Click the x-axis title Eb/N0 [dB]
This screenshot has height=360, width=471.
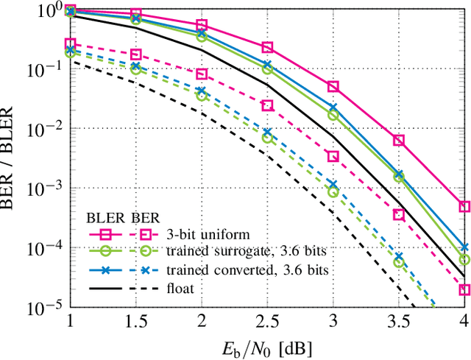[x=266, y=346]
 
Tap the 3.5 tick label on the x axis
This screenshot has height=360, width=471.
[x=398, y=321]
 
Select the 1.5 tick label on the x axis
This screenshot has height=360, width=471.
[x=135, y=321]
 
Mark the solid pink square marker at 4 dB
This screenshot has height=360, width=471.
[x=464, y=207]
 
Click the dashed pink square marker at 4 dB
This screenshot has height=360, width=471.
[x=464, y=289]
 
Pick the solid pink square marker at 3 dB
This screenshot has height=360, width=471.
[x=333, y=87]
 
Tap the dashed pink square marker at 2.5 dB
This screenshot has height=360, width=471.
[x=267, y=105]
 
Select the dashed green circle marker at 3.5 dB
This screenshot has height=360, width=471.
[x=399, y=261]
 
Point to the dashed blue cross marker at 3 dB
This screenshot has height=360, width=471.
[x=333, y=185]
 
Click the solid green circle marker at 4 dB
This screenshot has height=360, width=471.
[x=464, y=260]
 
